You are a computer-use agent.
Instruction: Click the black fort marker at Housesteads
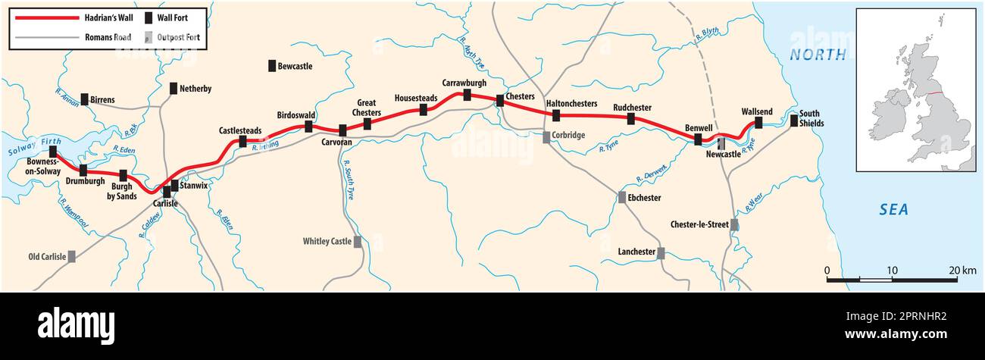424,109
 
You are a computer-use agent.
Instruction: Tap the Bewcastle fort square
272,66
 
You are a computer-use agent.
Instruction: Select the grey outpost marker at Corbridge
546,137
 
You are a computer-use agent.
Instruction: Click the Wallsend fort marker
758,123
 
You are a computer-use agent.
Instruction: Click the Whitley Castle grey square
357,242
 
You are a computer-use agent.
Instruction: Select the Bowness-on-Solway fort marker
53,152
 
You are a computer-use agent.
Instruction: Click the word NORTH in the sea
818,55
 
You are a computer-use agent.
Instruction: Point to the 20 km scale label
962,271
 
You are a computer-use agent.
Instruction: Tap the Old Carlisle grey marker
72,256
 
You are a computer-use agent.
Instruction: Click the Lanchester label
635,252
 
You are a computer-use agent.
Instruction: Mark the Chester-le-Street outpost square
733,224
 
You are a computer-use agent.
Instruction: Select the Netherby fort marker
174,89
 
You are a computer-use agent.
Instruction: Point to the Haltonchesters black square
556,115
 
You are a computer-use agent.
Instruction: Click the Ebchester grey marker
622,198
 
